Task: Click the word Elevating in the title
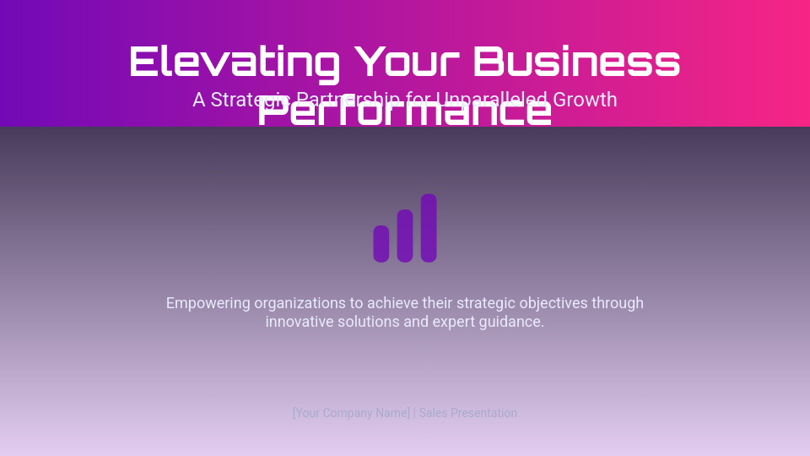click(x=234, y=62)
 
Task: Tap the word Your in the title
click(x=407, y=62)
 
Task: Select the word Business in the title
click(x=576, y=62)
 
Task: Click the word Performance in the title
click(x=404, y=112)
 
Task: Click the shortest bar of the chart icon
click(x=381, y=244)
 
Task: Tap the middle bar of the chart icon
click(x=405, y=236)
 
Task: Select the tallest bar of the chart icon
click(x=429, y=228)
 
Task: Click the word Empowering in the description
click(x=208, y=303)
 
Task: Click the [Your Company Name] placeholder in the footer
click(x=351, y=413)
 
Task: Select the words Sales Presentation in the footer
click(x=468, y=413)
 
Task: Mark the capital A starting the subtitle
click(x=199, y=100)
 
